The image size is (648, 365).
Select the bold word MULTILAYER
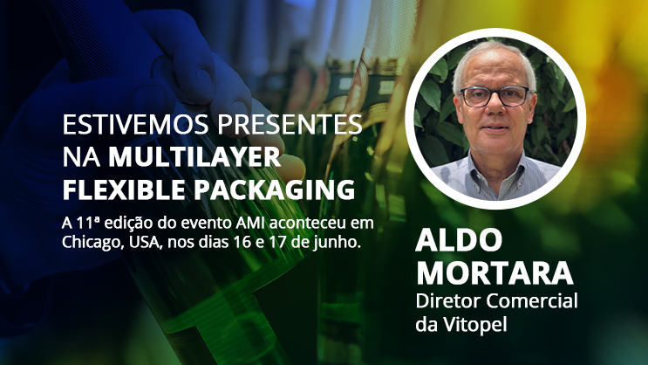tap(194, 157)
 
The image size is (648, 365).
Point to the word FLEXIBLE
tap(124, 190)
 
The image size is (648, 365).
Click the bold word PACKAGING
tap(275, 190)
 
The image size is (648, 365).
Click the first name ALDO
tap(459, 240)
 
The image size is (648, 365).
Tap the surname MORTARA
tap(495, 272)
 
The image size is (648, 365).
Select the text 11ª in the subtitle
tap(87, 223)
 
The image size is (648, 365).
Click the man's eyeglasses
tap(495, 96)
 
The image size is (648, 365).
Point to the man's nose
tap(495, 111)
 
